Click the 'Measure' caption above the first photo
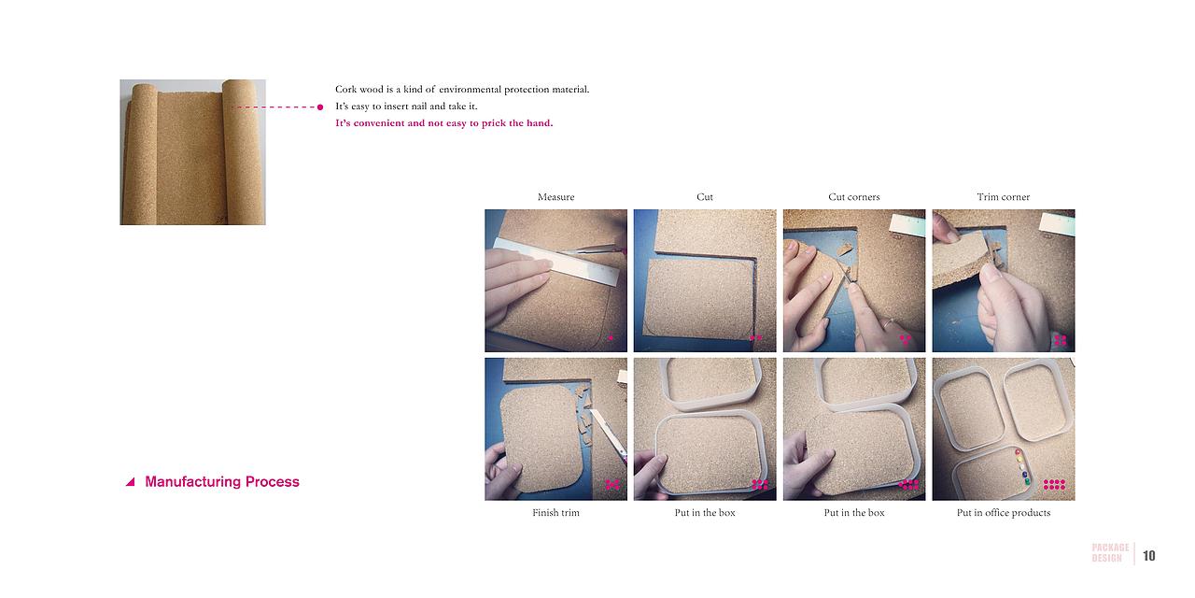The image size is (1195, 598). (x=555, y=197)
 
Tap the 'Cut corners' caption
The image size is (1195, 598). (x=854, y=197)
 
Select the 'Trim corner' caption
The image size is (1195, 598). (x=1004, y=197)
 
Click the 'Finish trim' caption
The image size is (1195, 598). (x=555, y=513)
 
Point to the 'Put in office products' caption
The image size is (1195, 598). (x=1004, y=513)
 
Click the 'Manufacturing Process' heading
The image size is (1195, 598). (x=222, y=481)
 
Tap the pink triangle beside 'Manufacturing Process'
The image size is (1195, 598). (x=131, y=482)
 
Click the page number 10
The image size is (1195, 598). (x=1149, y=556)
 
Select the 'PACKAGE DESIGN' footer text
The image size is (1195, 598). (x=1110, y=552)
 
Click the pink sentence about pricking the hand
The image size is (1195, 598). (x=443, y=123)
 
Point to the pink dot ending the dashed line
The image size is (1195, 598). (x=320, y=107)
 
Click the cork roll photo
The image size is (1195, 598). (x=192, y=152)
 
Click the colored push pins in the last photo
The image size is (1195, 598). (x=1022, y=466)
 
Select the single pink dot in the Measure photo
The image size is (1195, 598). (x=611, y=338)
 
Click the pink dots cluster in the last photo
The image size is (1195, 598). (x=1054, y=484)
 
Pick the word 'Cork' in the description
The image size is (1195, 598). (x=345, y=89)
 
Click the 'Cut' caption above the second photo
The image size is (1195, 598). (x=705, y=197)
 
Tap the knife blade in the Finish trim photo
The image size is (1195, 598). (x=608, y=434)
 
